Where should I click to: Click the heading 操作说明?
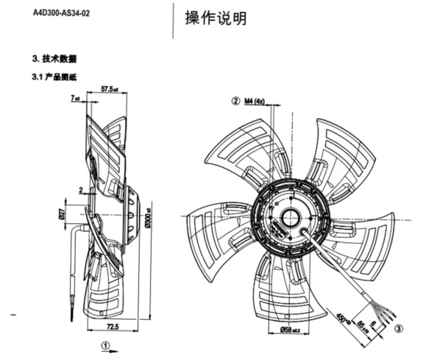[215, 19]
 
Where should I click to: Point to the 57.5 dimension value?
[108, 89]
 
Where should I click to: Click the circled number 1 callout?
[106, 345]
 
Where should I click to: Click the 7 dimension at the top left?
[75, 96]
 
